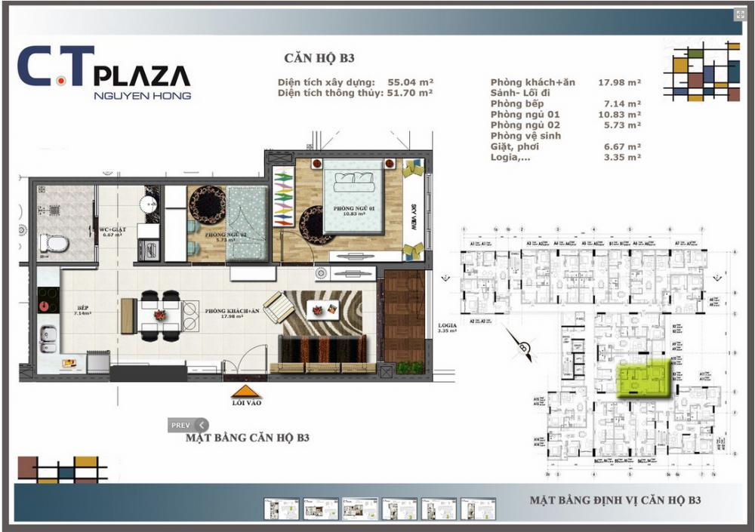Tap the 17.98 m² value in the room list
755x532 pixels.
620,82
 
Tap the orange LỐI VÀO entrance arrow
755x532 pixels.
246,392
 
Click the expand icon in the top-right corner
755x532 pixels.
740,15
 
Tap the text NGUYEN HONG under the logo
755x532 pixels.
142,96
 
